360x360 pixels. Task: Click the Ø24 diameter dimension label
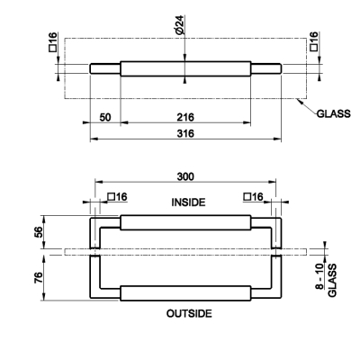(181, 25)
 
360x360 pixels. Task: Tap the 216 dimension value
(185, 117)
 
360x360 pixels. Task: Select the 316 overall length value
(185, 133)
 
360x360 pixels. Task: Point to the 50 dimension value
(105, 117)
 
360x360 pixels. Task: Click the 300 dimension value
(185, 176)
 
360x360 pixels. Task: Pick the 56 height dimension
(39, 232)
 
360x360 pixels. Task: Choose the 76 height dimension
(39, 278)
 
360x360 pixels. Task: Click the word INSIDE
(188, 202)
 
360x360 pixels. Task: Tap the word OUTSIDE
(189, 313)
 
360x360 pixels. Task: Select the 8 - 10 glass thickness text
(319, 276)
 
